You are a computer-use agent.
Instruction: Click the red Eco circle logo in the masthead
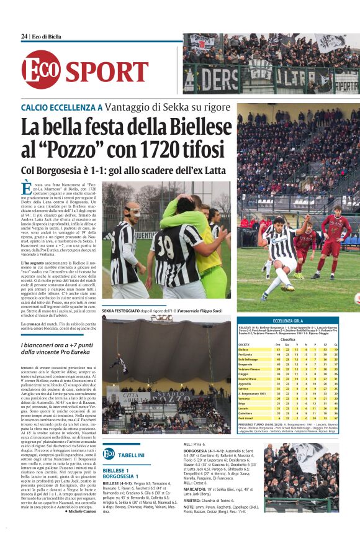(x=42, y=70)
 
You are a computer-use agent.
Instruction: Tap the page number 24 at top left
(x=24, y=37)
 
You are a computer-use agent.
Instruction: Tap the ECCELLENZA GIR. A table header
(x=289, y=321)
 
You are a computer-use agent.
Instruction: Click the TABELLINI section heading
(x=131, y=455)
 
